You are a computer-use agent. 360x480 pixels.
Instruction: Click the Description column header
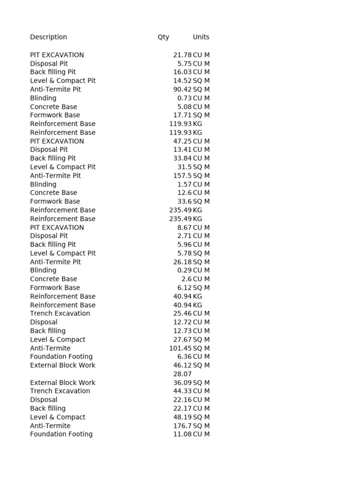48,37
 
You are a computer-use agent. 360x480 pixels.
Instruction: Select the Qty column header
163,37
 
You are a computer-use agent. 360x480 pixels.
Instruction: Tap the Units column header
201,37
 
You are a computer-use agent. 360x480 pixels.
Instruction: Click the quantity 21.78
182,55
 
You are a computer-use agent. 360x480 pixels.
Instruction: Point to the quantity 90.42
182,89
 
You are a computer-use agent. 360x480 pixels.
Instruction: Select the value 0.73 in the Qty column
184,98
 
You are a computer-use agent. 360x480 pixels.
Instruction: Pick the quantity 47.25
182,141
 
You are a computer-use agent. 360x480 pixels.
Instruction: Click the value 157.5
182,175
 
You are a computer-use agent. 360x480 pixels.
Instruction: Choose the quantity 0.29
184,270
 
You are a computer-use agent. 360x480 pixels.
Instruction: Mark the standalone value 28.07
182,374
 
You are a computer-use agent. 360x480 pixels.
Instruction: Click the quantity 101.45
180,348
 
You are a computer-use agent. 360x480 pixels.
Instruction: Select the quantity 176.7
182,426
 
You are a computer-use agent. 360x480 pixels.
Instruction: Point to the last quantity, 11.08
182,434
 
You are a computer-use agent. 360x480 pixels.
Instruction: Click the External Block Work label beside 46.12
62,365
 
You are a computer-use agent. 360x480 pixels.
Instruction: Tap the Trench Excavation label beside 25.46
60,313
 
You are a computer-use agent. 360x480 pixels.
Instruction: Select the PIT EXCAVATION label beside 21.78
57,55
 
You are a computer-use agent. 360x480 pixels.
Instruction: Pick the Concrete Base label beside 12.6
53,193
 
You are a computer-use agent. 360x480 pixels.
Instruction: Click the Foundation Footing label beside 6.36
61,356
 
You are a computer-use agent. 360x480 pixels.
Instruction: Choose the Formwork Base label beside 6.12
55,287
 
